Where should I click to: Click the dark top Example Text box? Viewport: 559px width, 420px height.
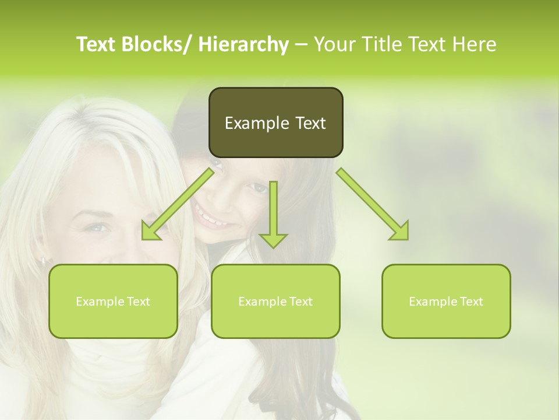pos(275,123)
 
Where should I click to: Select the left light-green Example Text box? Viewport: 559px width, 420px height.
pos(113,301)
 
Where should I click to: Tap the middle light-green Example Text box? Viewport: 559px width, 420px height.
pos(275,301)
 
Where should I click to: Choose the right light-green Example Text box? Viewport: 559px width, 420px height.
pos(446,301)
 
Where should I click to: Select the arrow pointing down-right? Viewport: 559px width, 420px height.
pos(373,204)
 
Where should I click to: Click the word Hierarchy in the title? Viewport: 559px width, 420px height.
pos(243,44)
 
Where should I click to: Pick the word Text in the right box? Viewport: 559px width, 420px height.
pos(471,301)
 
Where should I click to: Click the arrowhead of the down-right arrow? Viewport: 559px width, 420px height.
pos(401,232)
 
